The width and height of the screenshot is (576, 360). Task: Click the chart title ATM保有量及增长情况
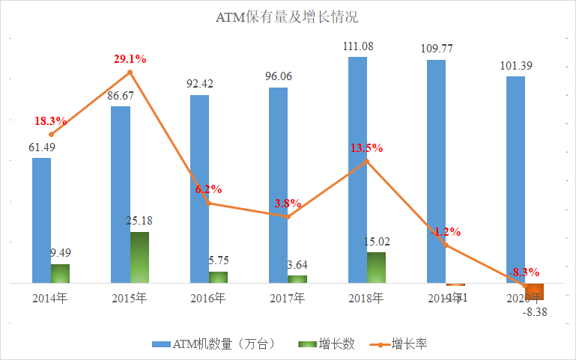(x=288, y=16)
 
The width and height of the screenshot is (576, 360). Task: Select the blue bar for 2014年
(x=42, y=220)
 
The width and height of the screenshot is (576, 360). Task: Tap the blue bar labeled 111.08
(x=357, y=170)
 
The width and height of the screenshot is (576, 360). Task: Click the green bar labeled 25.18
(x=139, y=257)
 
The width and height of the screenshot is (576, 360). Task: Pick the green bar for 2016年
(x=218, y=277)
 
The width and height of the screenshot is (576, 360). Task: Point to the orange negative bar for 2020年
(x=535, y=291)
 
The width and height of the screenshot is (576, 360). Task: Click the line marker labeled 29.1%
(x=130, y=73)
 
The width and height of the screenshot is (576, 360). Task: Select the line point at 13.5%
(x=366, y=161)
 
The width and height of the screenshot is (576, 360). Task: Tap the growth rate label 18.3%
(x=49, y=120)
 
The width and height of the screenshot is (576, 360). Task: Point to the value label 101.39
(x=515, y=65)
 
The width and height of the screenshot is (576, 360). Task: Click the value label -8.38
(x=535, y=312)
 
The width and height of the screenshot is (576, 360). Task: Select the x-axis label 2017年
(x=288, y=298)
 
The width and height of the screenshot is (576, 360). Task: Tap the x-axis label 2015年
(x=130, y=298)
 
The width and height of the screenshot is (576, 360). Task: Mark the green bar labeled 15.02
(x=376, y=267)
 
